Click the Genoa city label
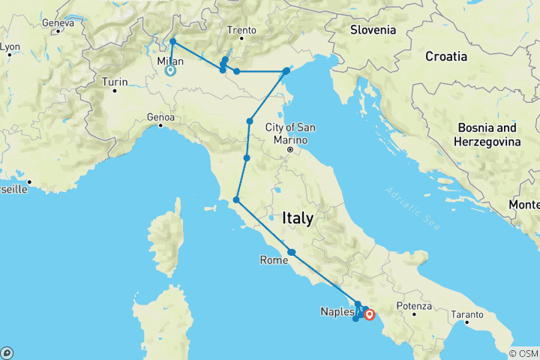[161, 117]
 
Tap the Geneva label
[58, 22]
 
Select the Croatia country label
[446, 56]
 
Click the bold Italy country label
[297, 218]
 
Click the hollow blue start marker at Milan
[169, 71]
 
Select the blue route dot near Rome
[292, 253]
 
